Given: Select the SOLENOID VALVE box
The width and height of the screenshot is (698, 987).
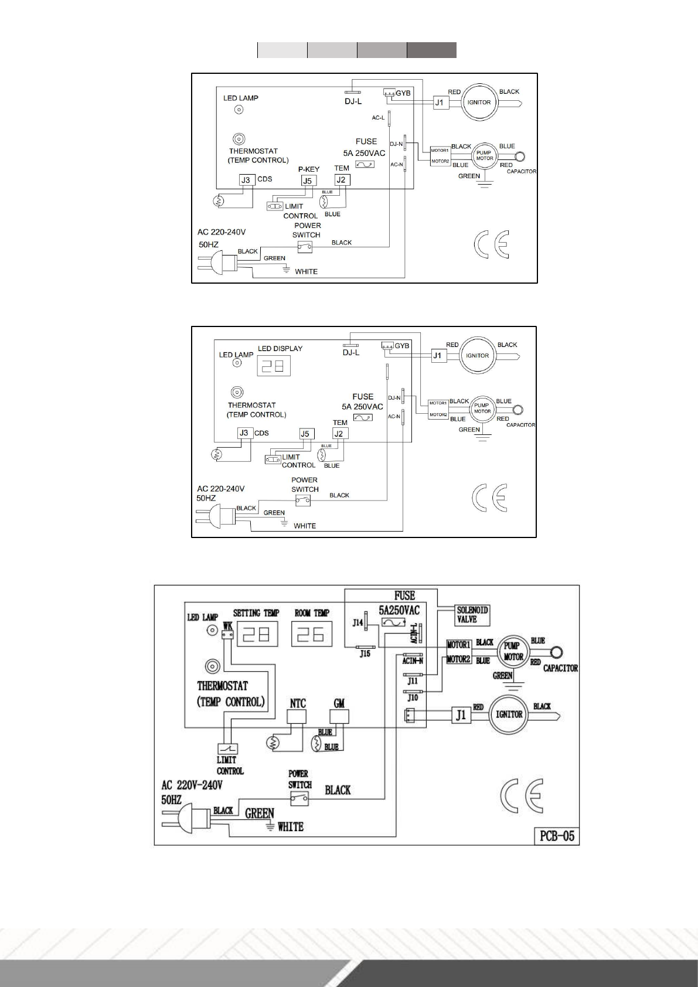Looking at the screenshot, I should point(472,615).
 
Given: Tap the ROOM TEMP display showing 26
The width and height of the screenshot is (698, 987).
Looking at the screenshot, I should point(311,634).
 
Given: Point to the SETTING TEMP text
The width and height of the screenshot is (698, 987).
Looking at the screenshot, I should point(256,613).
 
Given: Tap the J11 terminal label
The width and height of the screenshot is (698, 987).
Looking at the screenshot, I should point(413,682).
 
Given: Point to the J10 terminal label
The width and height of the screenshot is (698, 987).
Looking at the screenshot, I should point(413,699).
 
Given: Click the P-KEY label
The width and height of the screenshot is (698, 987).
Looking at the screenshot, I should point(309,169).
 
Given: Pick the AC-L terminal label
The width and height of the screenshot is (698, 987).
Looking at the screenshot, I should point(378,118).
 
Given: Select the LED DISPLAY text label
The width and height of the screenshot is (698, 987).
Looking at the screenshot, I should point(280,348).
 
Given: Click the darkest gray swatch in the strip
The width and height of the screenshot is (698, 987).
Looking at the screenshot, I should point(431,50).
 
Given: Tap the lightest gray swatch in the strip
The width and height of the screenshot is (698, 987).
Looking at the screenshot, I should point(282,50).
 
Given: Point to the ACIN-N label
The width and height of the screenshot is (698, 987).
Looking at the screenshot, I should point(413,661).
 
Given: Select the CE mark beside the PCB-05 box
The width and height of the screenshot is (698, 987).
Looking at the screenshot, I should point(522,797).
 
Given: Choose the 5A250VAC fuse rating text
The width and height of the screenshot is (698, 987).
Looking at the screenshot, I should point(399,610).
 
